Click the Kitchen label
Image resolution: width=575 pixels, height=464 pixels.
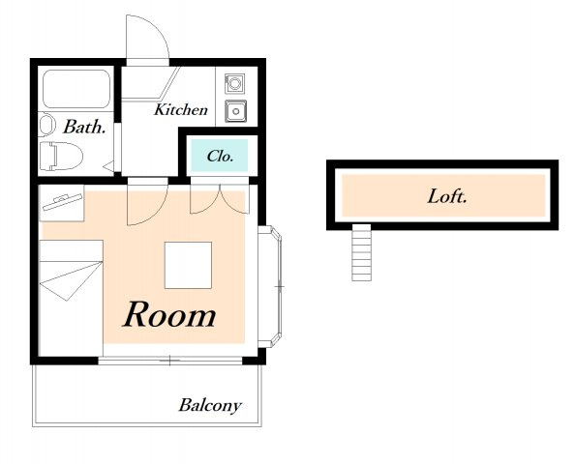coord(181,110)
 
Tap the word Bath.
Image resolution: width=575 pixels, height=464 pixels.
coord(84,127)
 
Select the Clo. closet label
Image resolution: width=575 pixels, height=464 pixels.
coord(220,157)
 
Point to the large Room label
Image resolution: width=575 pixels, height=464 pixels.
coord(169,314)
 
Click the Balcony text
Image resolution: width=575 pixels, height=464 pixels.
coord(210,405)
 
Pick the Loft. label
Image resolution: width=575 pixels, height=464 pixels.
coord(447,196)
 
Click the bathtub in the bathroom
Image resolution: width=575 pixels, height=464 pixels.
coord(76,89)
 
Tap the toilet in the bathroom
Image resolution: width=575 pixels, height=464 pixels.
coord(61,157)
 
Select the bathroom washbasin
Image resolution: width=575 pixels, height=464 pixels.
coord(46,125)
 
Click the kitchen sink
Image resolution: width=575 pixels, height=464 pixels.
coord(236,110)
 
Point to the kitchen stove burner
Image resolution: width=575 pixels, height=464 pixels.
coord(234,83)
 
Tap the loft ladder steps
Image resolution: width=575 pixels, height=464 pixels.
coord(362,252)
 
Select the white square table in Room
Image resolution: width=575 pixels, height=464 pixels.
coord(188,265)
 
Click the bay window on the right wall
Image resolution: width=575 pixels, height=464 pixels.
coord(270,287)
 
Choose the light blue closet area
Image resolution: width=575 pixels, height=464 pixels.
coord(219,156)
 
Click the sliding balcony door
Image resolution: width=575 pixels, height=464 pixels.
coord(170,361)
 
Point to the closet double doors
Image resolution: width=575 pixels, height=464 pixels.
coord(220,198)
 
